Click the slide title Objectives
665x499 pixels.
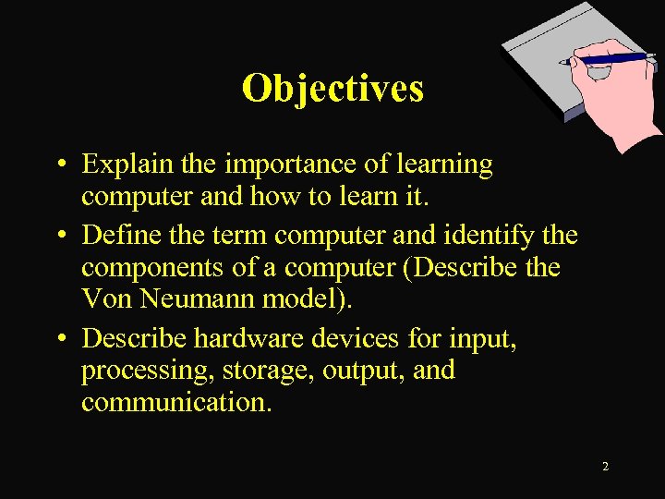(332, 88)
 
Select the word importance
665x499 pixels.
(283, 164)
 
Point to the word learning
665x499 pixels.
(445, 164)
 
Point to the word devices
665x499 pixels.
(356, 339)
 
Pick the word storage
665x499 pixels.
(260, 371)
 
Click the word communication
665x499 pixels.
(175, 403)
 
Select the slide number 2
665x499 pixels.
(605, 467)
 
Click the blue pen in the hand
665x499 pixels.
(610, 58)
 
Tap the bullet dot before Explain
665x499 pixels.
(59, 166)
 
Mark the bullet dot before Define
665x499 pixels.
(59, 237)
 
